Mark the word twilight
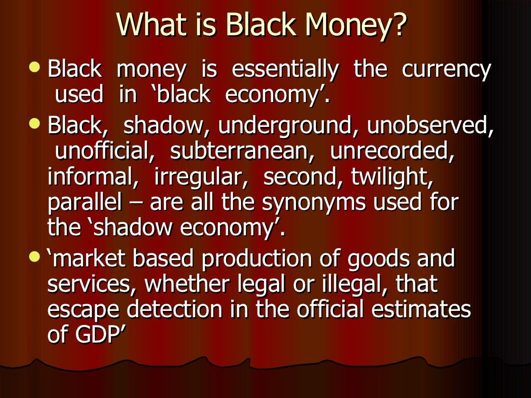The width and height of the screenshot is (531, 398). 392,178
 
